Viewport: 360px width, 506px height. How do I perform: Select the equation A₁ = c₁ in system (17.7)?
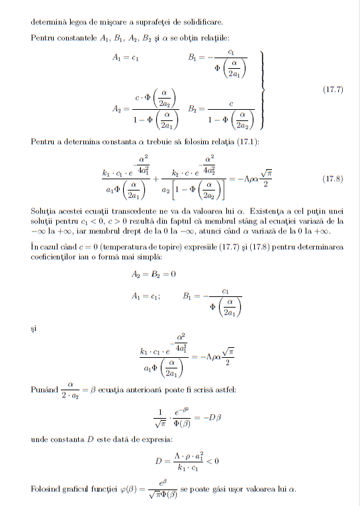click(125, 57)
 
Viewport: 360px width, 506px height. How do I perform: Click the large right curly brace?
click(263, 89)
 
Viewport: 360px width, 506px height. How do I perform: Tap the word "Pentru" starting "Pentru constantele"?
click(42, 36)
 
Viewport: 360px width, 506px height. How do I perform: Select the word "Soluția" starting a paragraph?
click(43, 210)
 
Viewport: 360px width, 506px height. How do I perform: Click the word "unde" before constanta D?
click(40, 438)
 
